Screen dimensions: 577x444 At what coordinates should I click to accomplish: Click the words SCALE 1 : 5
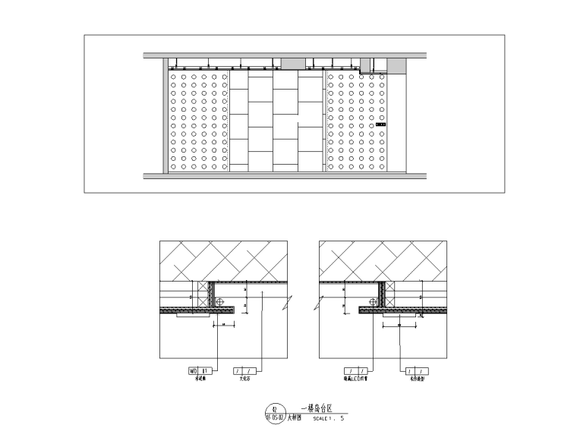click(328, 417)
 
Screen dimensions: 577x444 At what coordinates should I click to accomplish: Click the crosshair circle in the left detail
click(220, 302)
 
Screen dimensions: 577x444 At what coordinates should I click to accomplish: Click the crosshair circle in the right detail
click(380, 302)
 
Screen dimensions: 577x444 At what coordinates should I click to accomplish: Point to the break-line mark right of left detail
click(282, 304)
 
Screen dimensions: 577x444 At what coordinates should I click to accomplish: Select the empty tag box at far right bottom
click(414, 370)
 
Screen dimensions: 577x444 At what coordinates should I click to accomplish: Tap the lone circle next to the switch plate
click(382, 118)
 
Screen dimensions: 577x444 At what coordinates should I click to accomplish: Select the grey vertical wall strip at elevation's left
click(164, 118)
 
